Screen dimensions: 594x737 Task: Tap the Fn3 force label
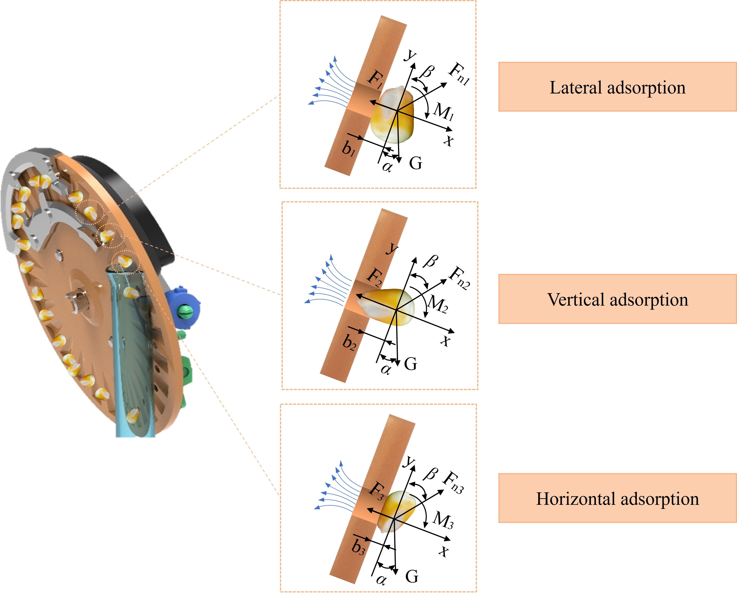[x=453, y=482]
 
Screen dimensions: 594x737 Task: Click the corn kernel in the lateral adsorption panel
[x=393, y=115]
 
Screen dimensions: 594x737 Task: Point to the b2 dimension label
[x=349, y=341]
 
